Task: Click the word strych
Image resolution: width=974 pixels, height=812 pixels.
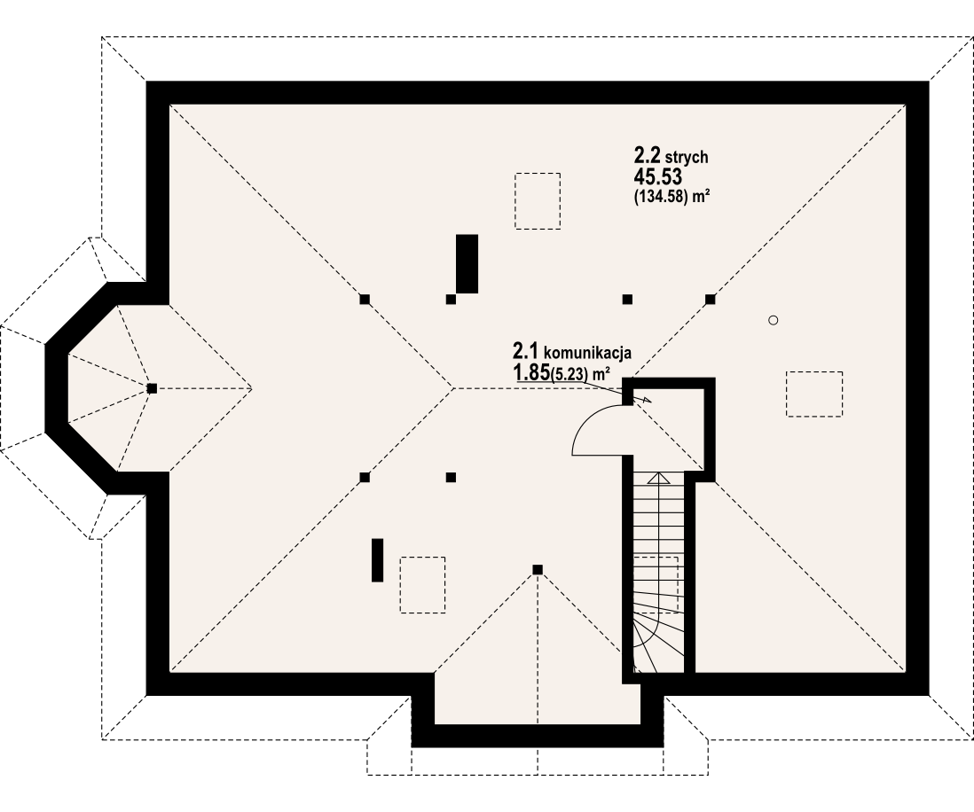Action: tap(688, 158)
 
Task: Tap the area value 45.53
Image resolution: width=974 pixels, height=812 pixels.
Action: tap(657, 177)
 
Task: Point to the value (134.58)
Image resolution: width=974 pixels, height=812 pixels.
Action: tap(661, 197)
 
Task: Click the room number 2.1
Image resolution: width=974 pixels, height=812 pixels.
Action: tap(525, 351)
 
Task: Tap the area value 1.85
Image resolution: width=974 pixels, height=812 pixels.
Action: tap(530, 373)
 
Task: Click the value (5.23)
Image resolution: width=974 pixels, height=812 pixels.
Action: tap(570, 375)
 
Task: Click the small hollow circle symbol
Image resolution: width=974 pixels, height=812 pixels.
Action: tap(773, 320)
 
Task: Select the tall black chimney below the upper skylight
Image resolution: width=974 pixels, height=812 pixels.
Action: tap(467, 263)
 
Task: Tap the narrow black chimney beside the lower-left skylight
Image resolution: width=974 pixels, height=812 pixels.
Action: tap(377, 559)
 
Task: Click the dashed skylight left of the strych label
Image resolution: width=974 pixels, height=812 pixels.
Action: tap(538, 201)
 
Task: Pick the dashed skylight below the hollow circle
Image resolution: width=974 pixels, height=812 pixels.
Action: tap(813, 394)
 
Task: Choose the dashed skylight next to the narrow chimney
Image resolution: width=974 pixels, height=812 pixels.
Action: tap(422, 584)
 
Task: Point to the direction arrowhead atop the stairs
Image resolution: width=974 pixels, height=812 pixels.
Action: tap(658, 479)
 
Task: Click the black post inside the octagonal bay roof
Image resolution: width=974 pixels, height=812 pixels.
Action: tap(152, 388)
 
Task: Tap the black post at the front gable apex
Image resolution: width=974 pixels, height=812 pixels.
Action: tap(538, 569)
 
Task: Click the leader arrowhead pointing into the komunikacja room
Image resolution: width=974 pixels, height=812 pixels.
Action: tap(647, 400)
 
